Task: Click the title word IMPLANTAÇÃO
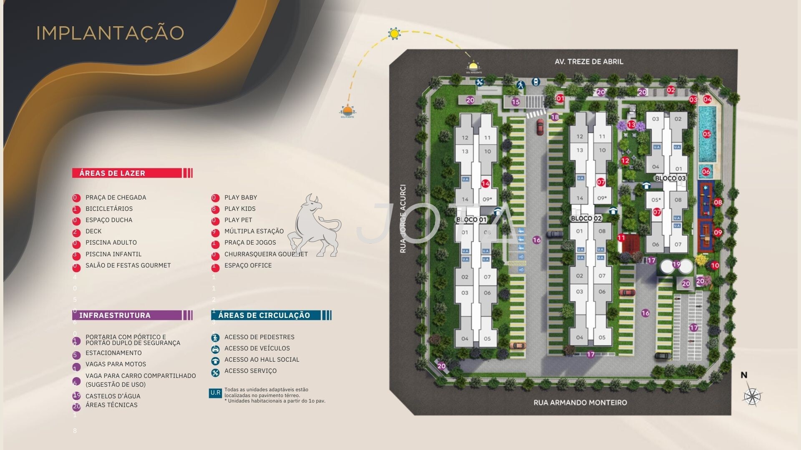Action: click(110, 33)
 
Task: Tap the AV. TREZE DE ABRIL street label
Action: click(589, 62)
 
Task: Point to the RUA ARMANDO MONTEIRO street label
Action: click(580, 402)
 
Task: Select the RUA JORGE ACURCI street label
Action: click(403, 219)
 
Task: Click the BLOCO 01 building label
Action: click(471, 220)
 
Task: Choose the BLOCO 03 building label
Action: click(670, 178)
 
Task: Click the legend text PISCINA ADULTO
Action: click(111, 242)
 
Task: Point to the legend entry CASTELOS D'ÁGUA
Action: click(113, 396)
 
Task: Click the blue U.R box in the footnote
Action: click(215, 393)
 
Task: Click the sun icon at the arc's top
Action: click(393, 33)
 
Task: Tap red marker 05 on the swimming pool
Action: click(706, 134)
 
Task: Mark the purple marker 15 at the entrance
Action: click(516, 102)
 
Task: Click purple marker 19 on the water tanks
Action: click(676, 264)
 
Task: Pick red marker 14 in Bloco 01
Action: click(485, 184)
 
